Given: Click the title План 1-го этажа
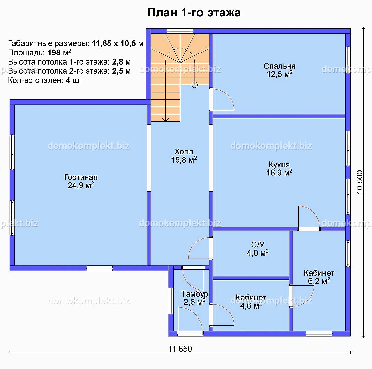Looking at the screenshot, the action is coord(194,13).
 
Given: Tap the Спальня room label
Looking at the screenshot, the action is coord(279,66).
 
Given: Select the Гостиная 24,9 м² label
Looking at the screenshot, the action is coord(81,181).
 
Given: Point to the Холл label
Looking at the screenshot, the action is coord(184,152).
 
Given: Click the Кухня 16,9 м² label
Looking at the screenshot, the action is coord(279,168).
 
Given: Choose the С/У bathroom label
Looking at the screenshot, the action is coord(258,244).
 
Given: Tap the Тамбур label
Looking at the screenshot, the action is coord(195,294).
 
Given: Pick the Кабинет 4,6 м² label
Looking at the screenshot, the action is coord(251,301).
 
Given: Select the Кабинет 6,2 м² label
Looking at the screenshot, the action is coord(319,277).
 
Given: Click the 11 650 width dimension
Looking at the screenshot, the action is coord(180,348).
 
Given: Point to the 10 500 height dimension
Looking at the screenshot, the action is coord(360,182).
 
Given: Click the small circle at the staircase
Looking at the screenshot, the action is coord(195,85).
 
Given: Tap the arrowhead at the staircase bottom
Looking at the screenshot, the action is coord(165,120).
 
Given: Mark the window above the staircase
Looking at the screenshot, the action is coord(180,31).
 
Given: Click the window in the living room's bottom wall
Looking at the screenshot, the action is coord(100,269).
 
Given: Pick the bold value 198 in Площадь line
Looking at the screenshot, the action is coord(54,52).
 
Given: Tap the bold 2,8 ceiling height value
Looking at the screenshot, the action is coord(118,62).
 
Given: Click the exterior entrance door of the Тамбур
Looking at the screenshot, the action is coord(190,333).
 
